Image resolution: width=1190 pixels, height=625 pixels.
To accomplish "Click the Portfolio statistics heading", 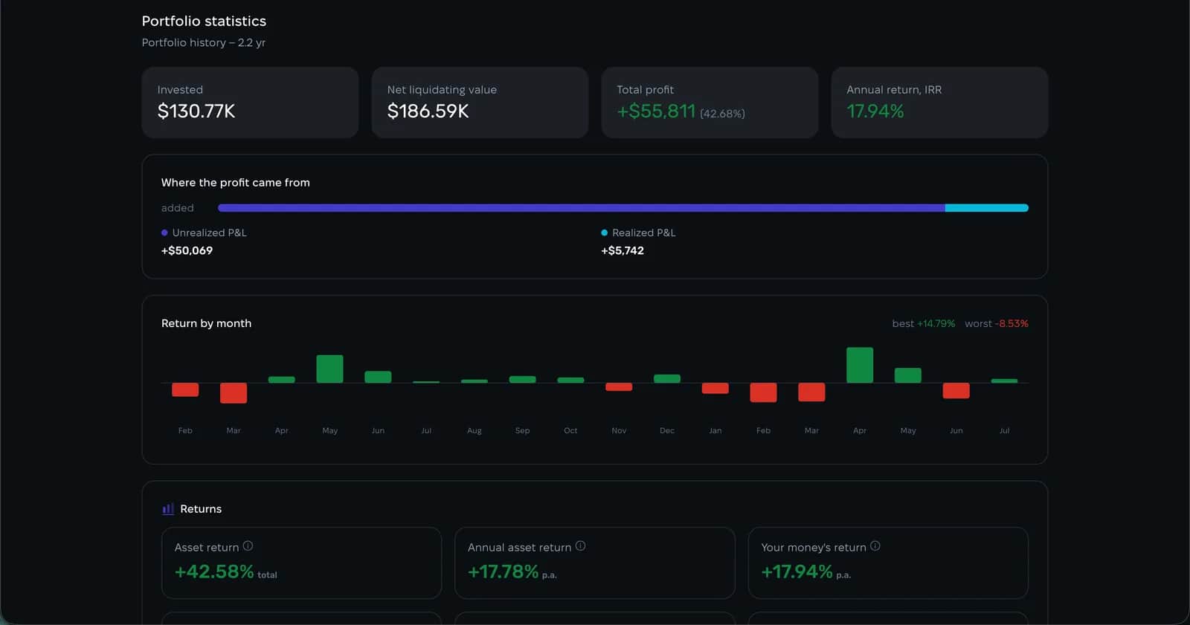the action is [x=204, y=22].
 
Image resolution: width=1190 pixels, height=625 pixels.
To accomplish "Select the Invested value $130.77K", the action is [x=196, y=111].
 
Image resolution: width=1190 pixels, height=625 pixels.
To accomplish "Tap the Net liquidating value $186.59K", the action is [x=428, y=111].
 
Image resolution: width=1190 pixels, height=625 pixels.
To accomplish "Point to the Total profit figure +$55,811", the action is [x=656, y=111].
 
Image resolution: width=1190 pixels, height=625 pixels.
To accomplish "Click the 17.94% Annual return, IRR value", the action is [x=875, y=111].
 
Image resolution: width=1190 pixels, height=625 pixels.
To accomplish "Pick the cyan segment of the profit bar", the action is [x=986, y=207].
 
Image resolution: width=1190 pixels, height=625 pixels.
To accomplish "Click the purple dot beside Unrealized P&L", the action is [x=164, y=233].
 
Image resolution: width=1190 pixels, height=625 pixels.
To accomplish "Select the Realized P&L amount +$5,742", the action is [x=622, y=250].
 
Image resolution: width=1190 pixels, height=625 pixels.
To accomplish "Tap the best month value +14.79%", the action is [x=936, y=323].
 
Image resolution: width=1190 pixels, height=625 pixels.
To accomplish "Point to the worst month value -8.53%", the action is [x=1011, y=323].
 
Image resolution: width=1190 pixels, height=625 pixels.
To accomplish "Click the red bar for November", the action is [x=619, y=386].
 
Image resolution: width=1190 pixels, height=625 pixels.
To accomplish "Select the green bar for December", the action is [x=666, y=378].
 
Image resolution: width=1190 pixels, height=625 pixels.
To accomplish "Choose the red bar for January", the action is [x=715, y=388].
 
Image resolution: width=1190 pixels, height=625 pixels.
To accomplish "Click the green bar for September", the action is [x=522, y=379].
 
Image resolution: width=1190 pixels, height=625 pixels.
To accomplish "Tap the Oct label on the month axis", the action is [x=570, y=430].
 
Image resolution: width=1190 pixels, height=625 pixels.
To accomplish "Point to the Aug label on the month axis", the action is [x=475, y=430].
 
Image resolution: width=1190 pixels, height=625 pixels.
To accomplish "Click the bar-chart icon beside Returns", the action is [x=168, y=509].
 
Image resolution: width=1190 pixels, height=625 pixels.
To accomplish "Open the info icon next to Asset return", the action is [x=248, y=546].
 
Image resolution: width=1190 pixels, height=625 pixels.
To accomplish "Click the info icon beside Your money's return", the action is [x=875, y=546].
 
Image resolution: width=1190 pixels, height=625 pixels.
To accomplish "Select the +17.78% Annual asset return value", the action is [x=503, y=572].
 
